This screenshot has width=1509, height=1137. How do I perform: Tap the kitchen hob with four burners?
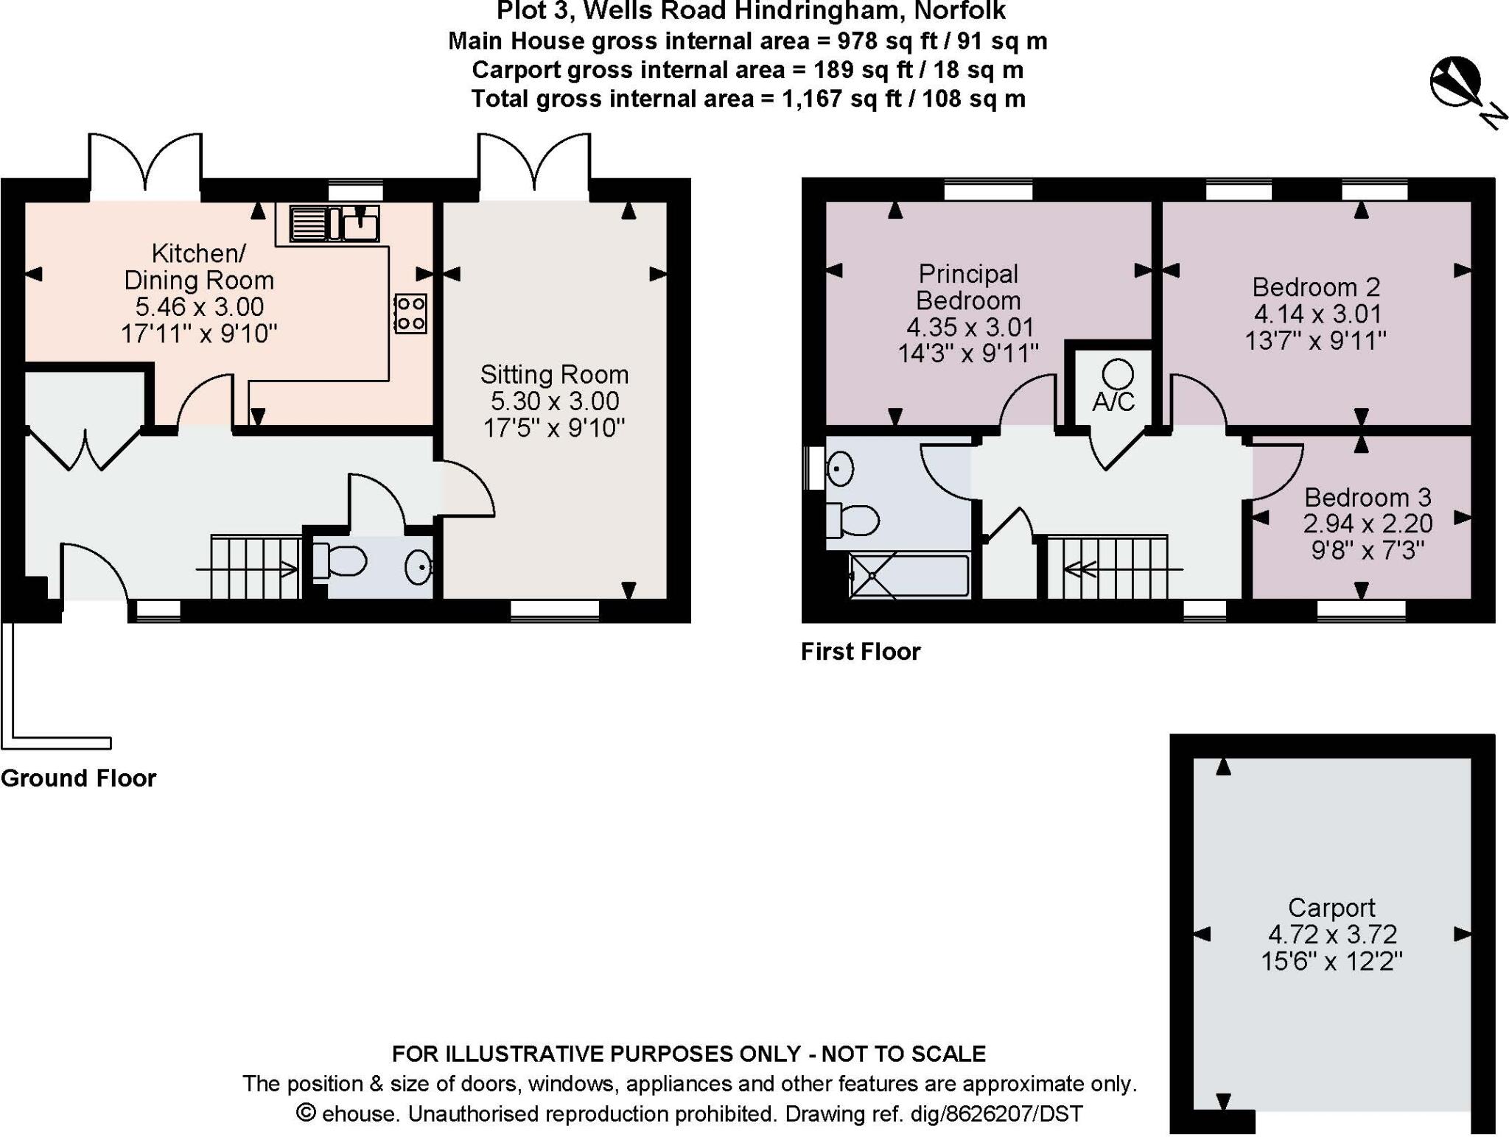click(410, 313)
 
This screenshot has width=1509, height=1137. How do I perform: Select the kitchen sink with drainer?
click(335, 223)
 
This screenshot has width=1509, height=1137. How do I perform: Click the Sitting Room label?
click(554, 375)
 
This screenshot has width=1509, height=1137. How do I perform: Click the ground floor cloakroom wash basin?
click(419, 567)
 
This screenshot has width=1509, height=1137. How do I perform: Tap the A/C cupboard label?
click(1113, 402)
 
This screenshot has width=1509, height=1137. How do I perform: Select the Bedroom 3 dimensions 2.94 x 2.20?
click(1368, 524)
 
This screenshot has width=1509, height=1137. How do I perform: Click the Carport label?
click(1331, 907)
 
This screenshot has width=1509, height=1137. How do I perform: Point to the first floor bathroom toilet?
click(852, 520)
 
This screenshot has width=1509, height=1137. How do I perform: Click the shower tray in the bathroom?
click(909, 575)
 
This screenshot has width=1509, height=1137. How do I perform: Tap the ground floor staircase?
click(255, 567)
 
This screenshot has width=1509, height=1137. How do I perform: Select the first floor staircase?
click(1108, 568)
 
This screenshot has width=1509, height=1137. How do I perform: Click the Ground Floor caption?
click(79, 778)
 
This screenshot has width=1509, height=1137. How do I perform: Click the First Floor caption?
click(861, 652)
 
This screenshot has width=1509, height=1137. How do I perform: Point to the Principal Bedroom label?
click(968, 287)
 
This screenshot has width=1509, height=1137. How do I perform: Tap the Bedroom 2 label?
click(1316, 286)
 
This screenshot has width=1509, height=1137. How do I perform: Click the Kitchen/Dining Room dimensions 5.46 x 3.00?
click(199, 307)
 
